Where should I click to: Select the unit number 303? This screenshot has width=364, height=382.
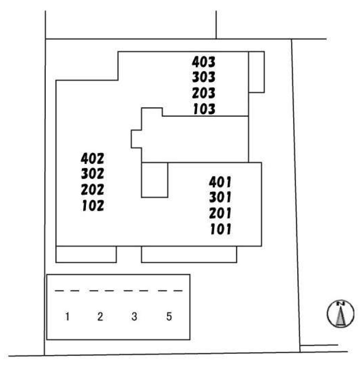(x=203, y=77)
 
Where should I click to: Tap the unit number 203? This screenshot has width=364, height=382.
(x=203, y=93)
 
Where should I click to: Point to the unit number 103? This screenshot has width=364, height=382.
(x=203, y=109)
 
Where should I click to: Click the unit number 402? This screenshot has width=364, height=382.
(x=93, y=158)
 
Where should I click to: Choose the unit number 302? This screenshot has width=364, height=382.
(x=93, y=174)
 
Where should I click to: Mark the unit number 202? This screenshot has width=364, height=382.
(x=93, y=190)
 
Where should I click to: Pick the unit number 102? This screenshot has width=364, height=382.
(x=93, y=206)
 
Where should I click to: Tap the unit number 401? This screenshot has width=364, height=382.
(x=221, y=182)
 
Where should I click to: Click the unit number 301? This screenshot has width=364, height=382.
(x=221, y=197)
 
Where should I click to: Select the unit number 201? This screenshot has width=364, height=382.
(x=221, y=213)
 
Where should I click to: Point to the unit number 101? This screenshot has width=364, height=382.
(x=221, y=229)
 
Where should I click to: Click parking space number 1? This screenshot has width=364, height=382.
(x=67, y=317)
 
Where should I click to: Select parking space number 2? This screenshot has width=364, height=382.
(x=100, y=317)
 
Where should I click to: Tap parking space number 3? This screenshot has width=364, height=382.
(x=134, y=317)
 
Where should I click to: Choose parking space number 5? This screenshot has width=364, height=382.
(x=169, y=317)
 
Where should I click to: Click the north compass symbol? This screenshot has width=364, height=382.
(x=341, y=314)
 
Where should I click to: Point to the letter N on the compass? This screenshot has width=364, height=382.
(x=341, y=304)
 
